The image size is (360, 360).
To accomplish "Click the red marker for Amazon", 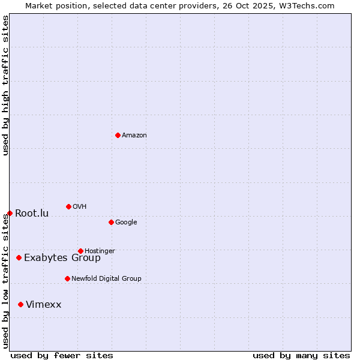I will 118,135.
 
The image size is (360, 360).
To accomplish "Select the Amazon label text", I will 134,136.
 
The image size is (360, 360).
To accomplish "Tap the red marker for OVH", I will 68,206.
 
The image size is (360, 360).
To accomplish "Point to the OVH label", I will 80,207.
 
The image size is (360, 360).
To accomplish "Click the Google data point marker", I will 111,222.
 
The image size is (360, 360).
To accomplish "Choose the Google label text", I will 126,223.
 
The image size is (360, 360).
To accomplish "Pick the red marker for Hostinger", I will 80,251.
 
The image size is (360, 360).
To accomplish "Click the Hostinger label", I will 100,251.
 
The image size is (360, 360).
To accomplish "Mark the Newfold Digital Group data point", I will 67,278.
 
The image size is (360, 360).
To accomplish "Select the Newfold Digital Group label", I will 106,279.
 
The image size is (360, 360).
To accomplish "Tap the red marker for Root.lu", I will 10,213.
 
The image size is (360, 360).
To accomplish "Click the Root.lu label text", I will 32,214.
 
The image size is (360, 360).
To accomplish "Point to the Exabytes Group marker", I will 19,257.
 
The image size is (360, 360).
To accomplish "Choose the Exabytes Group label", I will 62,258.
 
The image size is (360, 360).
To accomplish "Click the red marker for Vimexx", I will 20,304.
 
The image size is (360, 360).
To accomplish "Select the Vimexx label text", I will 43,305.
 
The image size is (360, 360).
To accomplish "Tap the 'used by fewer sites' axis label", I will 62,355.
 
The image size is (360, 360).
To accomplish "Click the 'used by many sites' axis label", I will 301,355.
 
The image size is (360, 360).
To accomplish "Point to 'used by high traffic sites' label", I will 5,85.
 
